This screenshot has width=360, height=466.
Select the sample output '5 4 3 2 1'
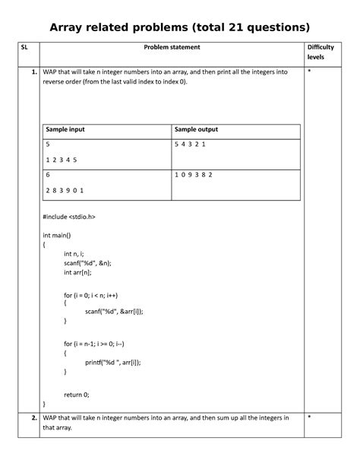click(191, 144)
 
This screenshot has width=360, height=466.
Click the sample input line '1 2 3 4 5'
click(62, 160)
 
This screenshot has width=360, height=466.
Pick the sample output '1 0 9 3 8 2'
click(194, 174)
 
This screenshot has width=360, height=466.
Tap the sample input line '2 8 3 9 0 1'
click(65, 190)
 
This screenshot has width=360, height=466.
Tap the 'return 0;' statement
click(77, 395)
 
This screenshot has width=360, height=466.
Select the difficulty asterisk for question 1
click(309, 71)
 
